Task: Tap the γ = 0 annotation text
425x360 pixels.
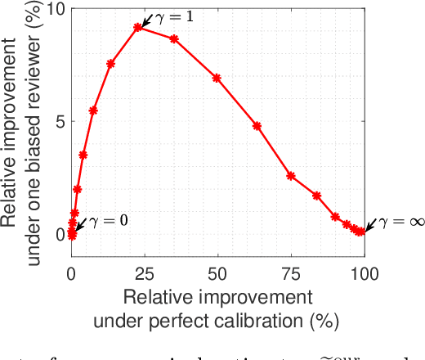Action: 107,221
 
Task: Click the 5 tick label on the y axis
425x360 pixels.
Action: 59,121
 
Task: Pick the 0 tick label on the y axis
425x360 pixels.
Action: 59,234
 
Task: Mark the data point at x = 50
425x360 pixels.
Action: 217,78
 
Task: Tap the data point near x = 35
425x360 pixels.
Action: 174,38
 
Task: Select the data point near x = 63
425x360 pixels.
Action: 257,126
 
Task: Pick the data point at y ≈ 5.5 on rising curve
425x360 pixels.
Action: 93,110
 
